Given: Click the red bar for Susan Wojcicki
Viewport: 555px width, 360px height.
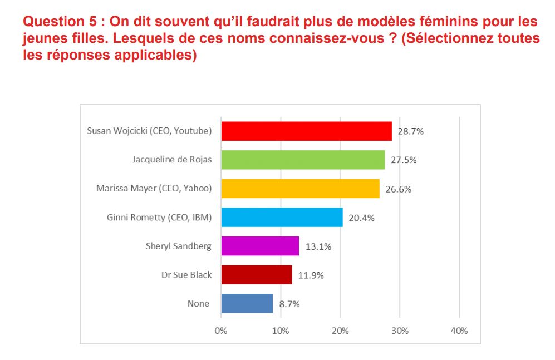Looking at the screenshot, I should [306, 131].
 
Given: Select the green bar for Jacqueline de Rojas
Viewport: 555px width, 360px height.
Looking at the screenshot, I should [303, 160].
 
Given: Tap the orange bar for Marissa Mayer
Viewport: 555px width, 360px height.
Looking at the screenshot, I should [300, 189].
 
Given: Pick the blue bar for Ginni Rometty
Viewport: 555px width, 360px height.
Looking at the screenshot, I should [282, 217].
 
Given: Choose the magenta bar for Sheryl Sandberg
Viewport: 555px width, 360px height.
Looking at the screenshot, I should [260, 246].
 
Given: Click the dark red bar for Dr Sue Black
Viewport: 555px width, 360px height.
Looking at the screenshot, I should [257, 275].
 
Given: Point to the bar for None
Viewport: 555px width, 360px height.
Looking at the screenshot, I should [247, 304].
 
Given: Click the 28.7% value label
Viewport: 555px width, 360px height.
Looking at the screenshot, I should [411, 131].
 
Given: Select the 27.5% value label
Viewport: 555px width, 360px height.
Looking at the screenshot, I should [404, 160].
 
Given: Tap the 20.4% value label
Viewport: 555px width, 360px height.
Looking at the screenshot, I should [361, 218].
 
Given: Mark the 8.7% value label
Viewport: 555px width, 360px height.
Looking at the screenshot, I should [289, 304].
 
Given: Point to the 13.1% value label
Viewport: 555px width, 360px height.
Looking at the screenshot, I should [318, 246].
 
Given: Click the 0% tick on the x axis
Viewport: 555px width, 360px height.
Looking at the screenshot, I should [221, 331].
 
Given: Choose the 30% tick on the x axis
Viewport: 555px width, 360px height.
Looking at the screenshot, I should [400, 331].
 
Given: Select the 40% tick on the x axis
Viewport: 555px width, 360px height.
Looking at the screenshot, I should [459, 331].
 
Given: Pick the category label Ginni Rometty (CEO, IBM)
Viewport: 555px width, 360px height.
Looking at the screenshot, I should [159, 217].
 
